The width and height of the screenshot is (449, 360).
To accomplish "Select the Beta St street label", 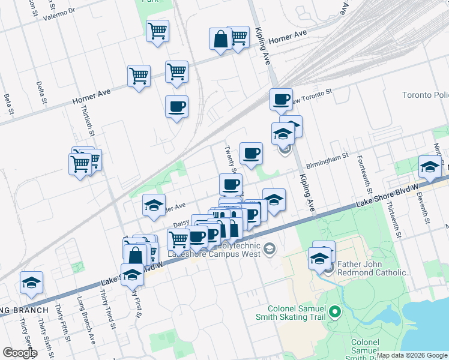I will [x=8, y=103].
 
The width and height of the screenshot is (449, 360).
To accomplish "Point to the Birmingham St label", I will [x=327, y=160].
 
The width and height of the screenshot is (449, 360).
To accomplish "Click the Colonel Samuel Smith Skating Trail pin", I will [x=335, y=311].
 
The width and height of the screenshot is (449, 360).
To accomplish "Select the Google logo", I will [x=20, y=353].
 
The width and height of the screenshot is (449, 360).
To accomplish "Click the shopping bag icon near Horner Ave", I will [x=220, y=40].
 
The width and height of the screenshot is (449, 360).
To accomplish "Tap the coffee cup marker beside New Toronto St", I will [x=280, y=100].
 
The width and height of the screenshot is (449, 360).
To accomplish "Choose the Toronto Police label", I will [x=425, y=96].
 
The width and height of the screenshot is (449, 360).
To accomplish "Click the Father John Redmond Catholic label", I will [x=375, y=269].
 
